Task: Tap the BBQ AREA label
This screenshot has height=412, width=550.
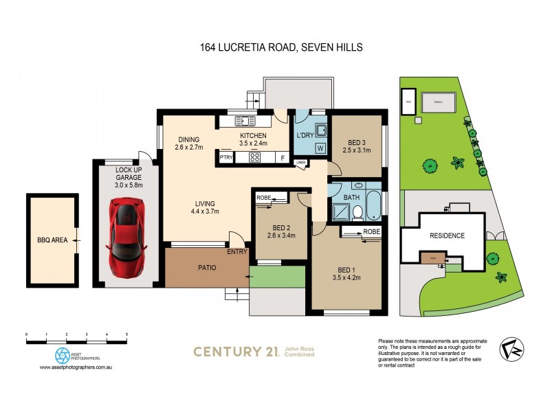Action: tap(52, 241)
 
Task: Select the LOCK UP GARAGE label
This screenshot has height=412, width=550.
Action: tap(128, 173)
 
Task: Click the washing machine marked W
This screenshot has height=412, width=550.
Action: tap(320, 148)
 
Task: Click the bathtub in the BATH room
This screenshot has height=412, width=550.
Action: tap(373, 205)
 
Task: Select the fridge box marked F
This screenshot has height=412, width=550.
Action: tap(282, 158)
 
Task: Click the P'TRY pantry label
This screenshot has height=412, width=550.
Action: tap(226, 158)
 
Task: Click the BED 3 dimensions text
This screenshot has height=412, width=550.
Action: tap(357, 150)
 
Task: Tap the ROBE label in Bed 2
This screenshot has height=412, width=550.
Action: tap(263, 198)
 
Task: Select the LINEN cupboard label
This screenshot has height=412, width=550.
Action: tap(300, 163)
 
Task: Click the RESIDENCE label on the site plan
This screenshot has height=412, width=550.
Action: tap(448, 236)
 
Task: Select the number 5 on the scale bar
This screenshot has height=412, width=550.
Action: tap(126, 334)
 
